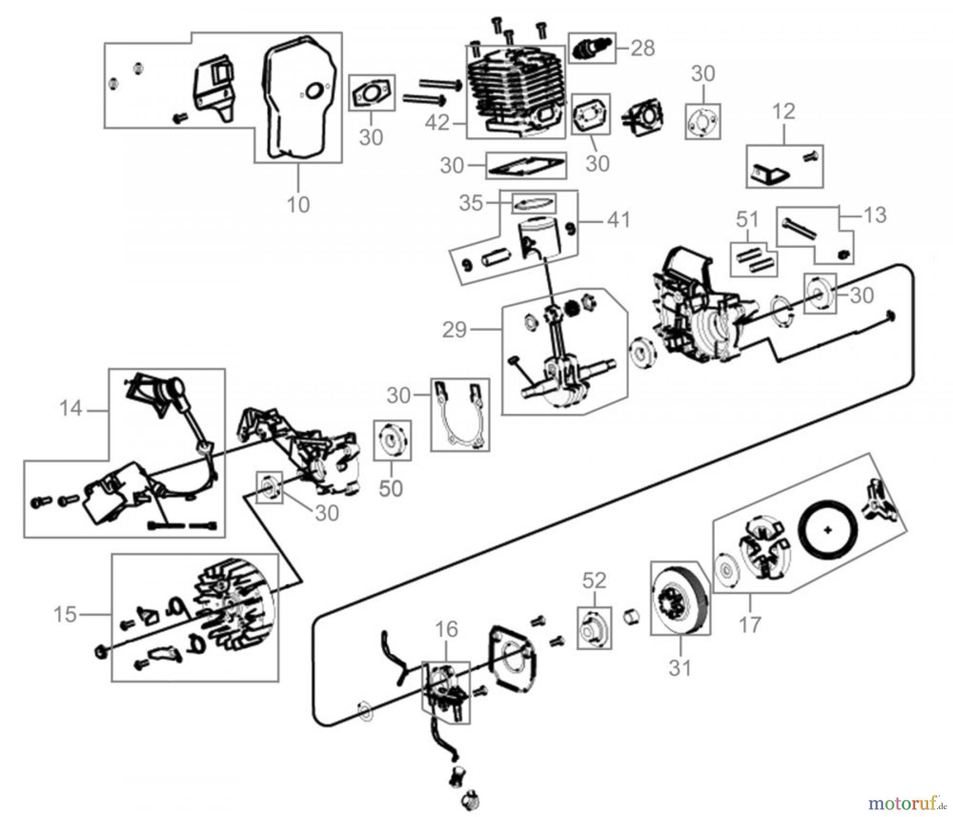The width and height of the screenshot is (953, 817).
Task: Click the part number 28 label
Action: (x=642, y=48)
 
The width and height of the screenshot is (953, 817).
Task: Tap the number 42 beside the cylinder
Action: (x=437, y=123)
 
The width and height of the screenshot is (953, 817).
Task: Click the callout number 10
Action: (x=298, y=205)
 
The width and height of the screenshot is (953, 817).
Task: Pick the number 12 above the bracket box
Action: (x=784, y=112)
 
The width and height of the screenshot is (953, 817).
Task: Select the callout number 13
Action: (x=875, y=215)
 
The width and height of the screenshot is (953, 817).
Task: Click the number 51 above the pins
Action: (x=747, y=219)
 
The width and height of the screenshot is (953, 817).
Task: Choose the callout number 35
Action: (x=471, y=203)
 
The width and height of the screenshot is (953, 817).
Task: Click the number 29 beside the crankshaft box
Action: (x=454, y=330)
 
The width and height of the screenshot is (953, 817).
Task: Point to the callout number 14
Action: (x=70, y=408)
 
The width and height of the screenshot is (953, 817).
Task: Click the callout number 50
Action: (x=391, y=489)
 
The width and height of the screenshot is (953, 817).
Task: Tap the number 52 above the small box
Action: (x=594, y=581)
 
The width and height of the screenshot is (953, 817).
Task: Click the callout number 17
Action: (x=750, y=625)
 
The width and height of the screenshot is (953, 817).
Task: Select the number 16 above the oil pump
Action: (x=446, y=629)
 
